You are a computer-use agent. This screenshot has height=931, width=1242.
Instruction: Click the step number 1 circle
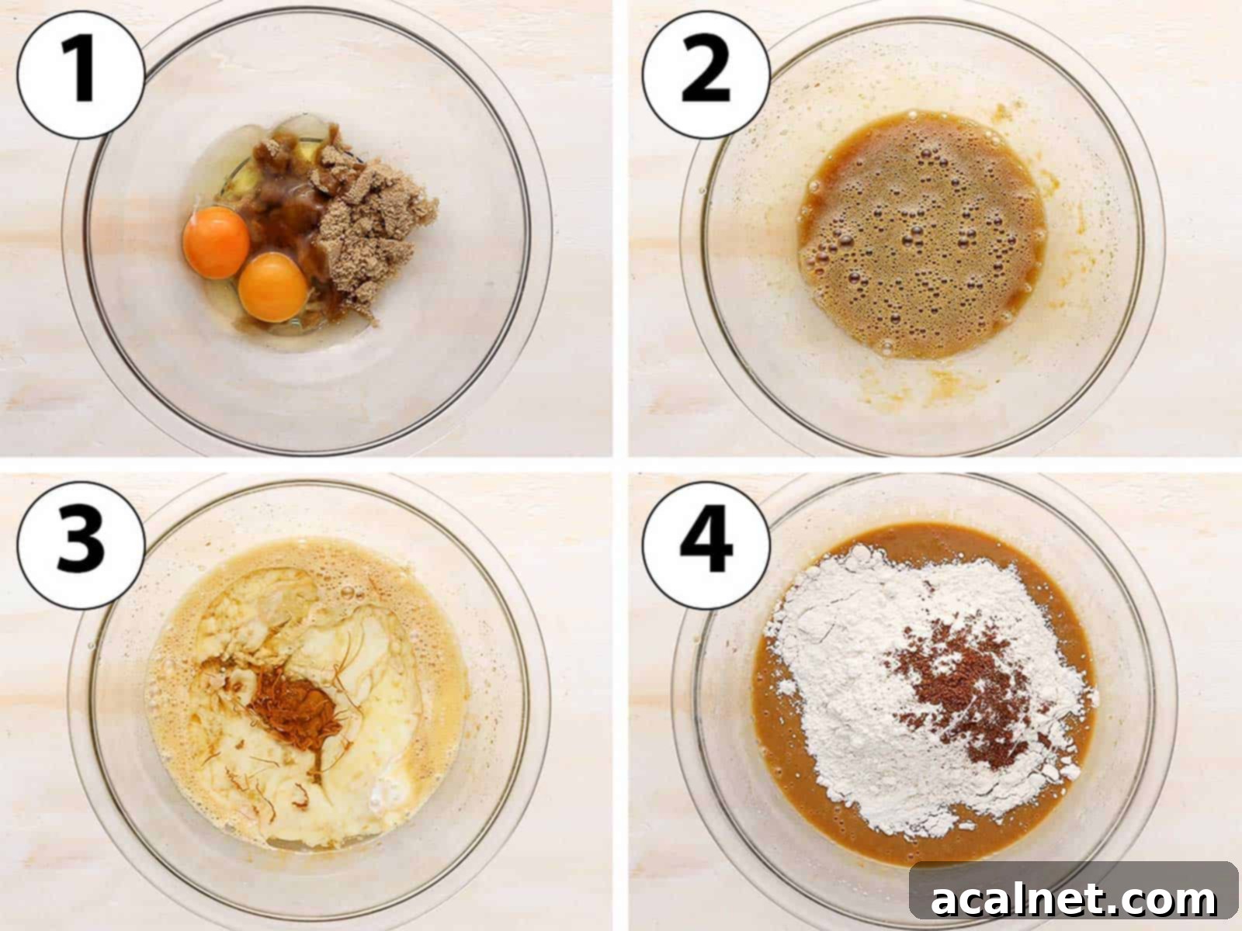click(81, 74)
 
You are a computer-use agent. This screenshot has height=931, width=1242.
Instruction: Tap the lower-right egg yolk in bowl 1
click(273, 287)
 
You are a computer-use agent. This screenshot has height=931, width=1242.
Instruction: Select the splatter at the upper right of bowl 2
click(1001, 116)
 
